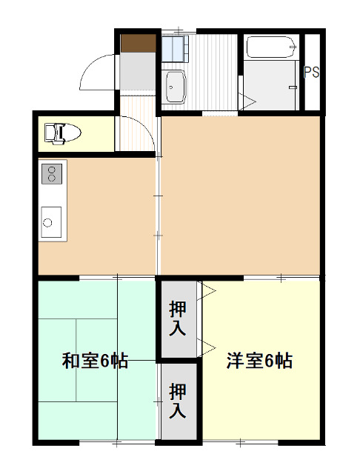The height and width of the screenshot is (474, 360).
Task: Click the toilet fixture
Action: [60, 133]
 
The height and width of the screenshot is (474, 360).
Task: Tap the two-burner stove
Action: [53, 174]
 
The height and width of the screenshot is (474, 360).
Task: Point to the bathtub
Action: [269, 48]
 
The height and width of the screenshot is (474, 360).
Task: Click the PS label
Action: [312, 73]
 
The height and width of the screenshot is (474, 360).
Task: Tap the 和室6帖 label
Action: [94, 361]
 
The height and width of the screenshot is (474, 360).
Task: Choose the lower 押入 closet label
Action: [178, 400]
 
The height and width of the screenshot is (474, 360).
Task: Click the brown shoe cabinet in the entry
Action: [140, 44]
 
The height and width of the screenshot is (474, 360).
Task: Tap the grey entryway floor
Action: [139, 73]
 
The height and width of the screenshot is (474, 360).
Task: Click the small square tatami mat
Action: [96, 338]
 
